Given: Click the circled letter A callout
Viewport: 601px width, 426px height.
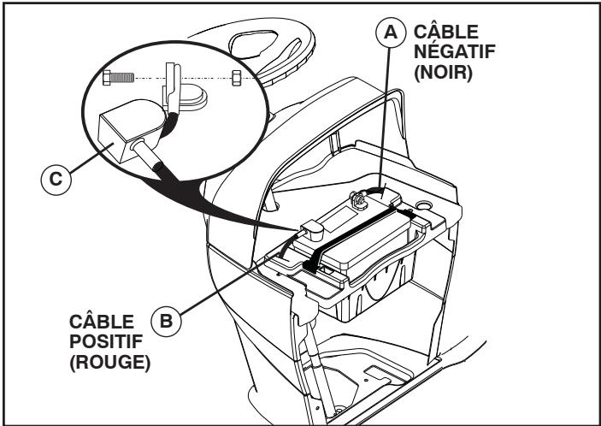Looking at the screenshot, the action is tap(391, 33).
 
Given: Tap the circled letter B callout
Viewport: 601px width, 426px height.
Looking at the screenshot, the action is tap(166, 321).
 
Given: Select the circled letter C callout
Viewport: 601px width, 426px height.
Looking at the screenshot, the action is tap(56, 180).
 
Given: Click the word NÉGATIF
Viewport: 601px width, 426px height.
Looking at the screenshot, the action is tap(455, 52).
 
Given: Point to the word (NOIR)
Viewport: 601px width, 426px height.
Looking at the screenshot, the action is tap(443, 73).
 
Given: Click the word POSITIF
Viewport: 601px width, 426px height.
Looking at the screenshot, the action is tap(106, 341).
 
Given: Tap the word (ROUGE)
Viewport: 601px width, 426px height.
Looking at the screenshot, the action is tap(110, 363).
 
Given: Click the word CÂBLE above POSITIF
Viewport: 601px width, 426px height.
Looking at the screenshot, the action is tap(102, 321).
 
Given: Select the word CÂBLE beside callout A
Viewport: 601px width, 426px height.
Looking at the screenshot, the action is tap(446, 31).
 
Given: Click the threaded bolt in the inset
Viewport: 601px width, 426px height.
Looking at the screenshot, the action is tap(119, 78).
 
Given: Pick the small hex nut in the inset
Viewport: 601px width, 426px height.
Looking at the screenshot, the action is tap(237, 78).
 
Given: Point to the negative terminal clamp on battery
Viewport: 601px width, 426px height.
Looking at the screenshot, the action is tap(359, 200).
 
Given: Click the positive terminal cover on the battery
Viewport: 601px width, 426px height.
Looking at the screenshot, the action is tap(312, 230).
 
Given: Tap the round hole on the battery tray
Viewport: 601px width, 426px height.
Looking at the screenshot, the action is tap(423, 205).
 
